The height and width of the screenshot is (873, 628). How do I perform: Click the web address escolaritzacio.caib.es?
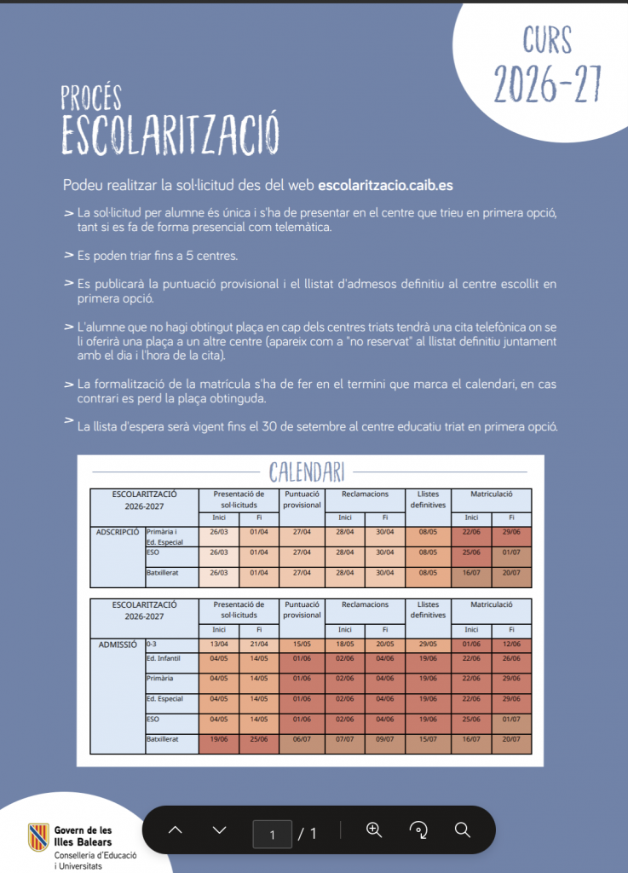coord(384,184)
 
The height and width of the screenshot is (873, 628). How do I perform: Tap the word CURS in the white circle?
coord(536,41)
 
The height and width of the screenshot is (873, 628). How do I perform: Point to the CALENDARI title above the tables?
coord(307,471)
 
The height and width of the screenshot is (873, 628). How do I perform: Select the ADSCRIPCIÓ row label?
coord(118,531)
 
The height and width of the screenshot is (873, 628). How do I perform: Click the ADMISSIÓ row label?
coord(118,645)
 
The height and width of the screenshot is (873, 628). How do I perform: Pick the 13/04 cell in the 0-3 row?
coord(218,645)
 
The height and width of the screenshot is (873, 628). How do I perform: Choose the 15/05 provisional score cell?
coord(301,645)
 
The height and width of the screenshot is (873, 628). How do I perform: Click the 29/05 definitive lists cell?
coord(427,645)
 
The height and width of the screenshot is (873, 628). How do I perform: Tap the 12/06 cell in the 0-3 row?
coord(512,645)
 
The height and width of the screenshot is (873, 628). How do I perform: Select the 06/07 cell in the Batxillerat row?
coord(301,739)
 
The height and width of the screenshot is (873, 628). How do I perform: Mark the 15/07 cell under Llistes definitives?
coord(427,739)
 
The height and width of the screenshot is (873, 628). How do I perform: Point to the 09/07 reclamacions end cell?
coord(385,739)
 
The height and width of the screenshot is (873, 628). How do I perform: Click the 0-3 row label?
coord(152,645)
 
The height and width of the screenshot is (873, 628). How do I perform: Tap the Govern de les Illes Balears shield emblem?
coord(37,837)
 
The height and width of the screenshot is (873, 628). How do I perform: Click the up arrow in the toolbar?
coord(176,830)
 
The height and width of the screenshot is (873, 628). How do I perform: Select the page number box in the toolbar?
coord(272,834)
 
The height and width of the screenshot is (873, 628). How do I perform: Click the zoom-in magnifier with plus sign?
coord(374,830)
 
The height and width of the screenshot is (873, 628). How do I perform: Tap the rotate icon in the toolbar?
coord(418,830)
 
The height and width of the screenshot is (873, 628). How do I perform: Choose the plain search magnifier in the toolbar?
coord(463,830)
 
